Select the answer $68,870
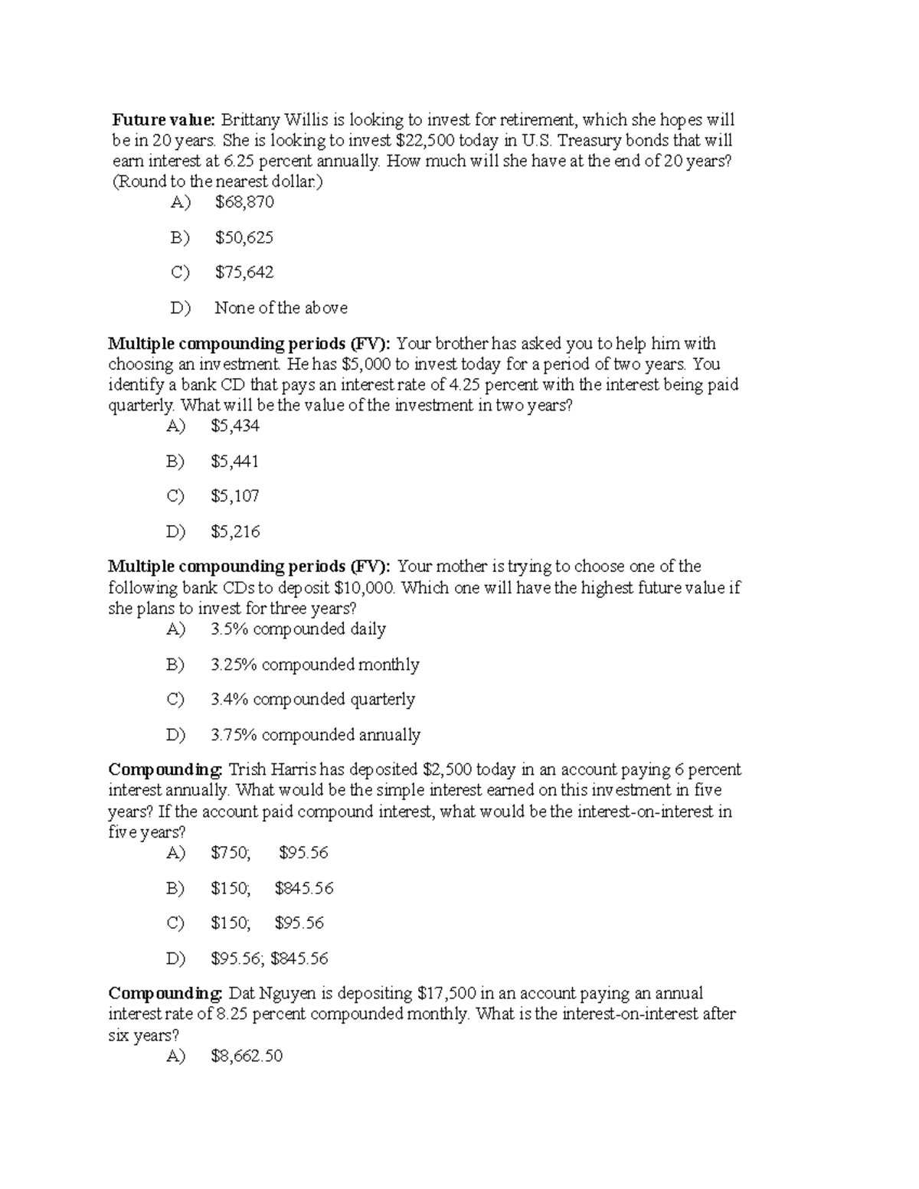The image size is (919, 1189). click(244, 202)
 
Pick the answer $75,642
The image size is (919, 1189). click(244, 273)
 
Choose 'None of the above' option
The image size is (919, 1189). click(281, 308)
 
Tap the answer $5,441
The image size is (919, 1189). click(235, 461)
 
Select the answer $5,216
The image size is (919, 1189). click(235, 531)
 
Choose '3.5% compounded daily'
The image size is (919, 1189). click(298, 629)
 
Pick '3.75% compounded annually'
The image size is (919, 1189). click(316, 735)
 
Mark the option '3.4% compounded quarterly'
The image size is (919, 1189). click(312, 700)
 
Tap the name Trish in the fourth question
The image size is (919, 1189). click(247, 770)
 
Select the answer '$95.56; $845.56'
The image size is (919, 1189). click(269, 959)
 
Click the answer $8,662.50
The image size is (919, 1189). click(247, 1057)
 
